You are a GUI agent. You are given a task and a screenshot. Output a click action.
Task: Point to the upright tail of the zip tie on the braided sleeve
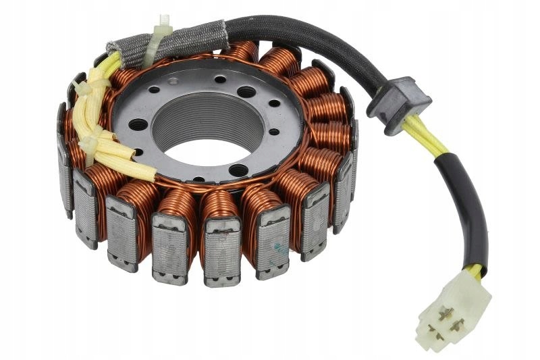[164, 24]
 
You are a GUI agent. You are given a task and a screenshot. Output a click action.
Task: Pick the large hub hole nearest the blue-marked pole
[238, 169]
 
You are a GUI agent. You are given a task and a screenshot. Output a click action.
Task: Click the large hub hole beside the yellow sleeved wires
[138, 124]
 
